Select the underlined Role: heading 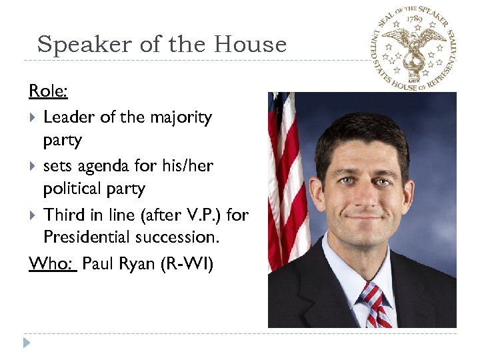click(x=48, y=91)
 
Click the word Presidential click(x=95, y=237)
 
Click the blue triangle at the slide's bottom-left click(x=26, y=344)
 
